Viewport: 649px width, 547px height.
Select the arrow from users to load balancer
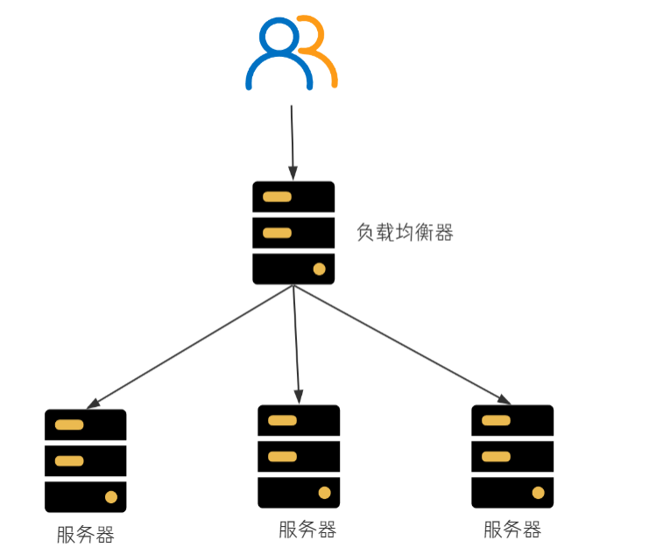293,140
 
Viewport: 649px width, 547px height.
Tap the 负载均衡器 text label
405,233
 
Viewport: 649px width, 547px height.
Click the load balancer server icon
293,233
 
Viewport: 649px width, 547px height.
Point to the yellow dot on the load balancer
319,269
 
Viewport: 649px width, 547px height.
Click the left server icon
86,460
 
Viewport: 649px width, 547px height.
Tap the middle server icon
299,456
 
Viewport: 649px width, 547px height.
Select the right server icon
512,456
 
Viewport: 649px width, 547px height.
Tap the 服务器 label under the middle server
307,529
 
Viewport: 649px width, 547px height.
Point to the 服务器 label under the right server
512,529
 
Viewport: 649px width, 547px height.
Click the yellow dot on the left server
111,496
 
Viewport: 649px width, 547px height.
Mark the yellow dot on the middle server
324,492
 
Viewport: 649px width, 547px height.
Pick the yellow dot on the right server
538,492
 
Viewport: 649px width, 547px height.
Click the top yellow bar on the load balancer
277,197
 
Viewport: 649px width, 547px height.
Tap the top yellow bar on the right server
496,421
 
